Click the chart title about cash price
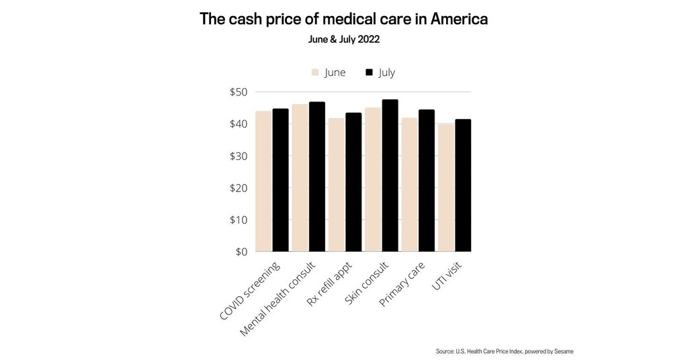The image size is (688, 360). click(343, 19)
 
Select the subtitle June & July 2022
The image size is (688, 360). click(343, 40)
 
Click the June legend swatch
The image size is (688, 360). click(314, 73)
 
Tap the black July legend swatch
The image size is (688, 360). click(369, 73)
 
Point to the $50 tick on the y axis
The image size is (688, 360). click(239, 92)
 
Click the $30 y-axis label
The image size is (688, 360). click(239, 156)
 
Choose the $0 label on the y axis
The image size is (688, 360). click(241, 252)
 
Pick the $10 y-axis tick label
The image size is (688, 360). click(239, 220)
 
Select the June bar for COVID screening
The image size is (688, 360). click(263, 181)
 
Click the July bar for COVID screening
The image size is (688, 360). click(280, 180)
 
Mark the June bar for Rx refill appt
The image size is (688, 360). click(337, 185)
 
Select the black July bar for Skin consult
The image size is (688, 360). click(390, 175)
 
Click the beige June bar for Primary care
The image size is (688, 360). click(409, 185)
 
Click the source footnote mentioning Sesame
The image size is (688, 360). click(504, 351)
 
